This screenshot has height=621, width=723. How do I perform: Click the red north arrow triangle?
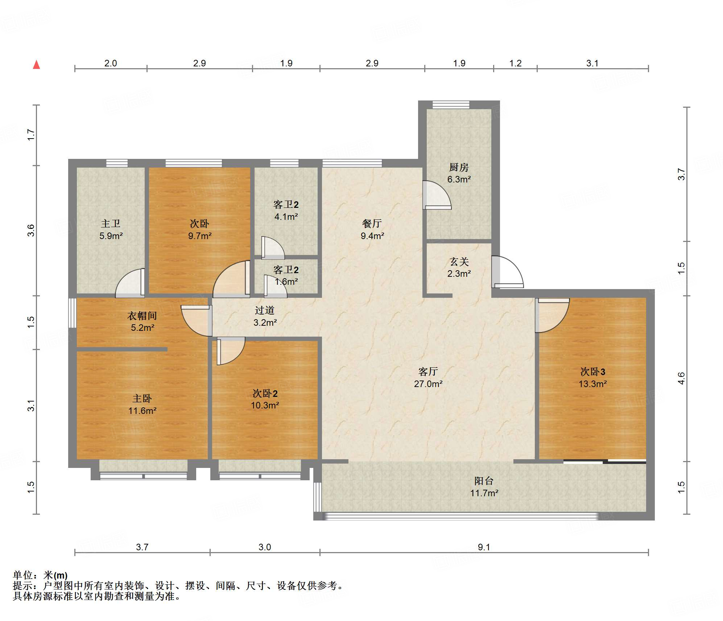tap(36, 65)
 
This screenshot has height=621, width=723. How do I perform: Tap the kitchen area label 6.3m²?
tap(459, 179)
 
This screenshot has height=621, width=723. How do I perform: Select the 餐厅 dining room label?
tap(372, 223)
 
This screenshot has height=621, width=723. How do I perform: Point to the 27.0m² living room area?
tap(428, 384)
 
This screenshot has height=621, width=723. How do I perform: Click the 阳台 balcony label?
tap(484, 481)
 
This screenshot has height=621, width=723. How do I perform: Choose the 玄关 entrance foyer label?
tap(459, 262)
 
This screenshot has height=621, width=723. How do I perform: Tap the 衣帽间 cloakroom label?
tap(142, 316)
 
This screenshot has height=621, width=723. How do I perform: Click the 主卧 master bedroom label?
tap(142, 399)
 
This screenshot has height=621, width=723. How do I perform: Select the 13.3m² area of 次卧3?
tap(593, 384)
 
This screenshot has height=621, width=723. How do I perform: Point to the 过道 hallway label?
tap(265, 310)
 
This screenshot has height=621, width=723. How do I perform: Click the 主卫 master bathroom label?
tap(111, 223)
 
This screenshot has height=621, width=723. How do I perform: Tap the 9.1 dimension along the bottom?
tap(484, 547)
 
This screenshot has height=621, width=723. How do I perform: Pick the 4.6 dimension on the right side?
tap(682, 378)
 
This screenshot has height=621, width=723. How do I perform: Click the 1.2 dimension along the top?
tap(515, 63)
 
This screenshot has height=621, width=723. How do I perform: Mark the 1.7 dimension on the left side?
tap(32, 135)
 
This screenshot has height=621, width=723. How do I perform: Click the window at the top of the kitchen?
tap(451, 105)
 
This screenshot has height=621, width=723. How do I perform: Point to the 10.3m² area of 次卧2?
tap(265, 406)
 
